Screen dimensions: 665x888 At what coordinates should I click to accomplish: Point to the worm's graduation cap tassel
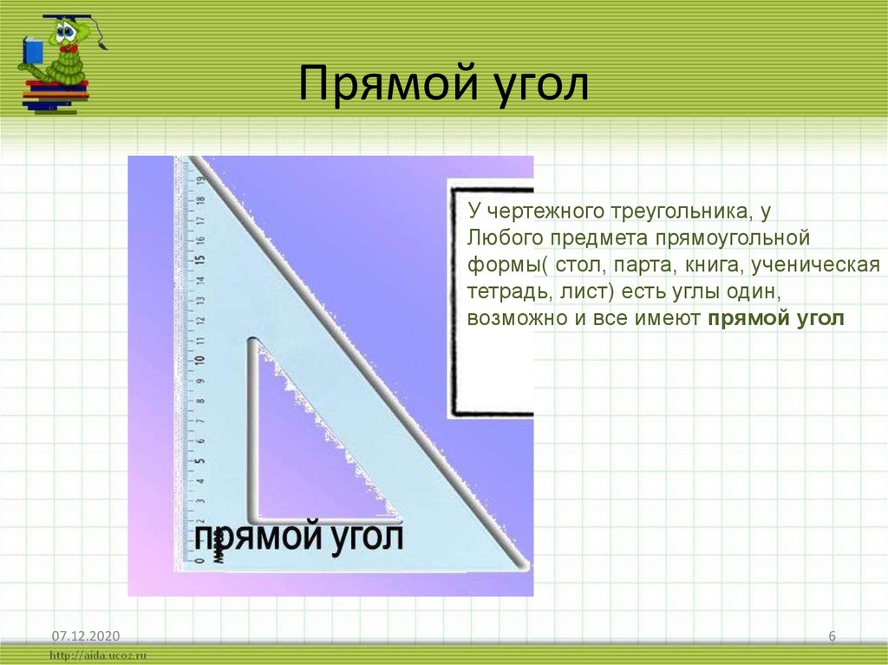pos(102,41)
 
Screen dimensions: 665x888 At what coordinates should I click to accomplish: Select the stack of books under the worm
pos(55,94)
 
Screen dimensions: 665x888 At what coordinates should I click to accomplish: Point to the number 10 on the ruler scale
pos(200,360)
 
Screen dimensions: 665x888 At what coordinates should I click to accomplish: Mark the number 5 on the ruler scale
pos(200,460)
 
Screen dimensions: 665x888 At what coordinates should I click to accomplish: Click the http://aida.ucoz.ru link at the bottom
pos(99,656)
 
